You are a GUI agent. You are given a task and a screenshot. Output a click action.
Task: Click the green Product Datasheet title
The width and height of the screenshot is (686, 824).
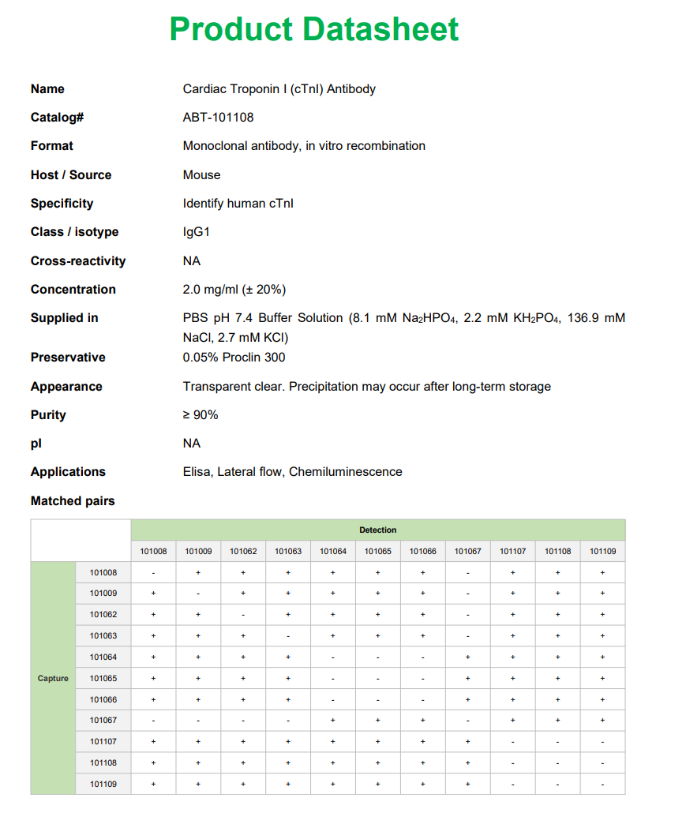[x=313, y=29]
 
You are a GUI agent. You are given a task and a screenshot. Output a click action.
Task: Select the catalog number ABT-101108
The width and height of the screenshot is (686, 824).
[x=218, y=118]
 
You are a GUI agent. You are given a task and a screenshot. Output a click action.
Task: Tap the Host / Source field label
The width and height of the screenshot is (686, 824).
[x=71, y=175]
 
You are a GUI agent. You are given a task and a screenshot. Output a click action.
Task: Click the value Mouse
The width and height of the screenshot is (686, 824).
[x=201, y=175]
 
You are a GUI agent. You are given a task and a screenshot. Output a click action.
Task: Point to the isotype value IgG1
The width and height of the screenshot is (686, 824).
[x=197, y=232]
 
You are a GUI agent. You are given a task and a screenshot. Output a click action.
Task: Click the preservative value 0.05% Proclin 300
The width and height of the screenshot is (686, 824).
[x=234, y=358]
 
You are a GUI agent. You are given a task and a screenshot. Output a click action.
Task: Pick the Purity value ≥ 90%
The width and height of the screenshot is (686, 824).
[x=201, y=415]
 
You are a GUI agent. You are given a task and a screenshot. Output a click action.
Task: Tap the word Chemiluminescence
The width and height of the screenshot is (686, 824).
[x=345, y=472]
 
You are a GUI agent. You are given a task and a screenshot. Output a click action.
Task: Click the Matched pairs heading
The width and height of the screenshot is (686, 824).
[x=73, y=501]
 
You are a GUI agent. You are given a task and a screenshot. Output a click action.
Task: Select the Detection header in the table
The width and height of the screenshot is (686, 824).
[x=377, y=530]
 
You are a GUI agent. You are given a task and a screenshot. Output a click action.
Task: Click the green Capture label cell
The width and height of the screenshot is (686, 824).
[x=53, y=679]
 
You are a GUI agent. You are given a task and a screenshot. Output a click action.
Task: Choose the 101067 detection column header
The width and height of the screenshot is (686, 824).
[x=468, y=552]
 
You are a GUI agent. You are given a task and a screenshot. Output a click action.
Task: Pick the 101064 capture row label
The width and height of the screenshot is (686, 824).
[x=103, y=657]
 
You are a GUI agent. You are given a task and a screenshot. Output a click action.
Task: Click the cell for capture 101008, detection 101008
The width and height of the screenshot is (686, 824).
[x=153, y=572]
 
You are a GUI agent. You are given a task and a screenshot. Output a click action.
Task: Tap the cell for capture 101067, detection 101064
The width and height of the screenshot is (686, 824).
[x=333, y=721]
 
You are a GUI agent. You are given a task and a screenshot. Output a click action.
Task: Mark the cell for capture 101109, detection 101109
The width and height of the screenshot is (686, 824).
[x=602, y=785]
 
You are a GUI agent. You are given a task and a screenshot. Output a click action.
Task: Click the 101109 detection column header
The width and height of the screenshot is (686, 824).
[x=602, y=552]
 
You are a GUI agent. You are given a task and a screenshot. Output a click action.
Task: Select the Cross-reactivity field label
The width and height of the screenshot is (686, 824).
[x=78, y=261]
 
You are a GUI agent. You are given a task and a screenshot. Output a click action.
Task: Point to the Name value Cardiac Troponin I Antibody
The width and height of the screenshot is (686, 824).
[x=279, y=89]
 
